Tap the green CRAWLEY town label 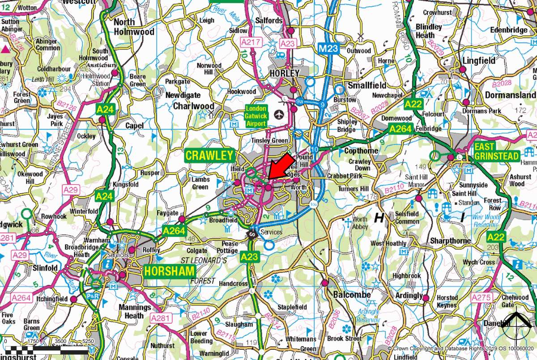[209, 156]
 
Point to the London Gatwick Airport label [256, 116]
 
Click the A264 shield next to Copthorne [399, 129]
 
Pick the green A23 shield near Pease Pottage [249, 257]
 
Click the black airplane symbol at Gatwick [280, 114]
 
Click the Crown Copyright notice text [461, 348]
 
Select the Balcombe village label [352, 295]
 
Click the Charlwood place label [193, 106]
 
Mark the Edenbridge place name [510, 30]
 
